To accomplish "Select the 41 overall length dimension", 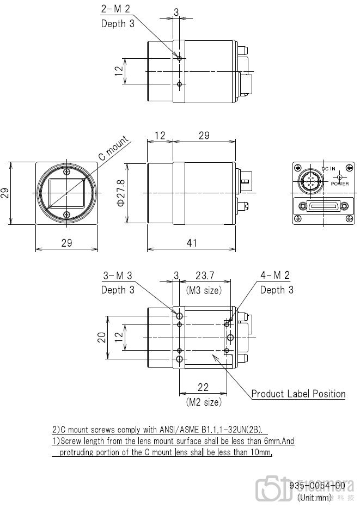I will pos(191,243).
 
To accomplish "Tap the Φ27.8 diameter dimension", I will pos(121,193).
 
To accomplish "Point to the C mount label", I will pos(113,149).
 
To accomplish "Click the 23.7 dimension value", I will pos(204,277).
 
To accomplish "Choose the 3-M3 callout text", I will pos(118,277).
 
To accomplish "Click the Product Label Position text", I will pos(298,394).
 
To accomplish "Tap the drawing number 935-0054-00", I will pos(317,485).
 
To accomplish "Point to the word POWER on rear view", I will pos(340,183).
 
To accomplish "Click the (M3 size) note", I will pos(204,290).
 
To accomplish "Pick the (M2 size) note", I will pos(204,402).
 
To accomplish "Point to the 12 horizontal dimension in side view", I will pos(160,136).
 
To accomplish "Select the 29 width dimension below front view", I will pos(66,243).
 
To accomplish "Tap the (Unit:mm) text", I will pos(314,497).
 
